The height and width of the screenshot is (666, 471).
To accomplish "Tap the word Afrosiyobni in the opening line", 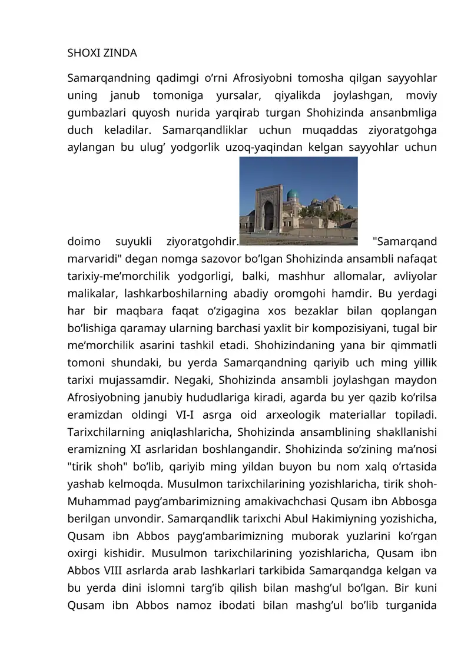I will pos(260,78).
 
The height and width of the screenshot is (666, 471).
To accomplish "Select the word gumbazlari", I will pos(97,112).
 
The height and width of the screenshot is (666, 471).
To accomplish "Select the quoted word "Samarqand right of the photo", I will pos(405,241).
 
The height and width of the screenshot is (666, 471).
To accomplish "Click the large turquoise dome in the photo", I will pos(293,194).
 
